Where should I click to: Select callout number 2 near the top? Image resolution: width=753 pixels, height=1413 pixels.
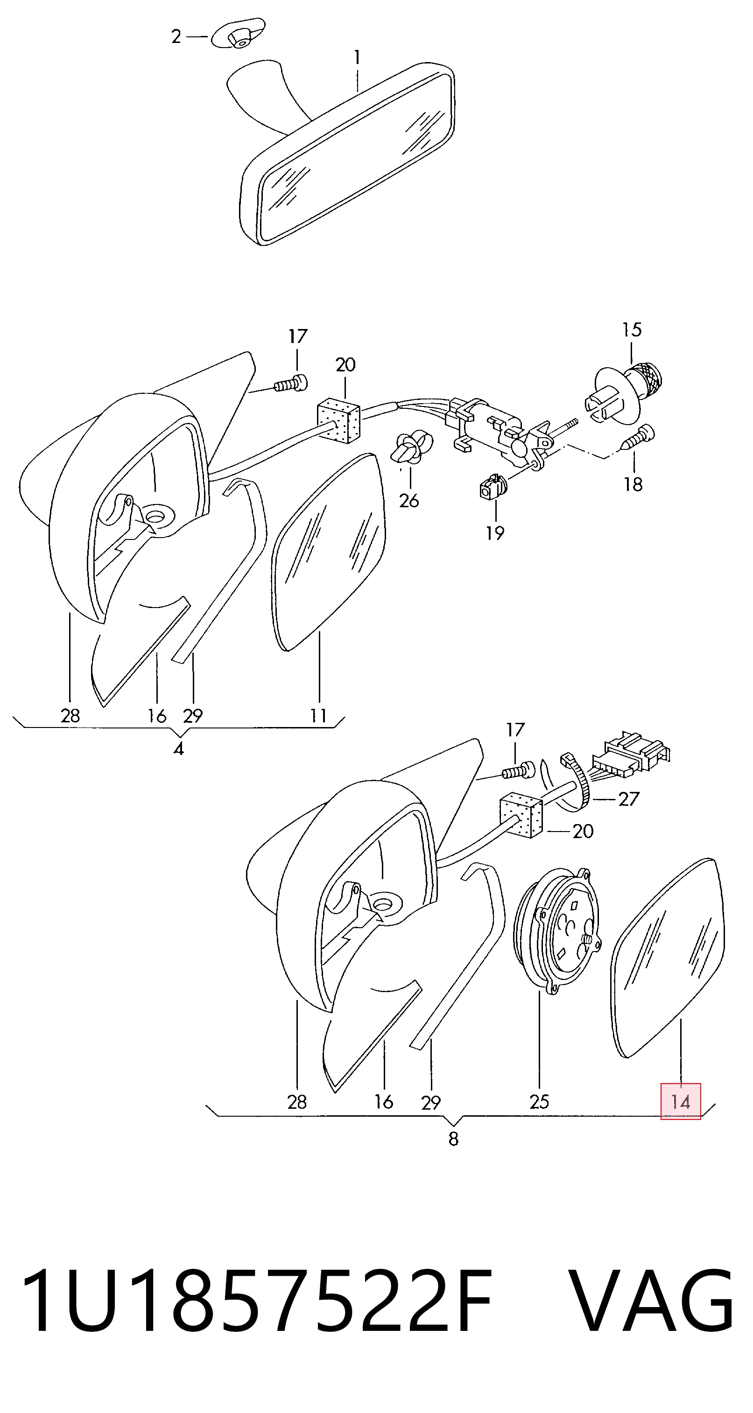(x=176, y=37)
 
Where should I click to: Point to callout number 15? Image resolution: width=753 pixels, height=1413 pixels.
(x=632, y=329)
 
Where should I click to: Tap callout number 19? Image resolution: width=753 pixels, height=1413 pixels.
(x=495, y=532)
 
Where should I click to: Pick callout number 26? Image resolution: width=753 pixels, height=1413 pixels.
(x=409, y=501)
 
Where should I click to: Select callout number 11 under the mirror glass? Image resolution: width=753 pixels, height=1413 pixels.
(x=318, y=715)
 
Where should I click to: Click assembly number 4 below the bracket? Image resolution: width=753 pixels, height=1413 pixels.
(x=178, y=749)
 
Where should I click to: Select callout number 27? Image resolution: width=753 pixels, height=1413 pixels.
(x=629, y=799)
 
